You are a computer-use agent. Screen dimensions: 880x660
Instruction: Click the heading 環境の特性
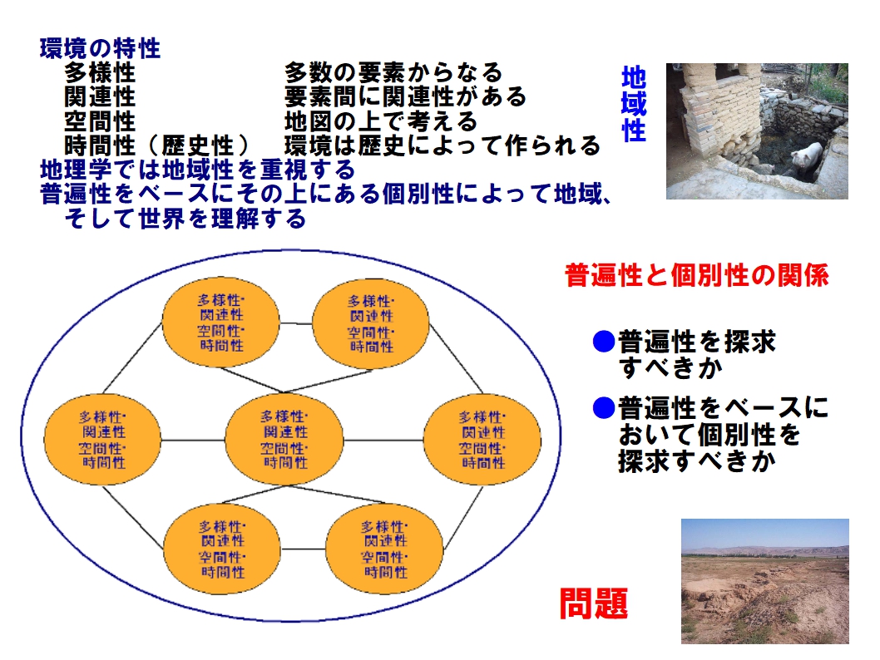pyautogui.click(x=100, y=49)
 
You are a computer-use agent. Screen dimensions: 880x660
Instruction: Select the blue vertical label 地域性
pyautogui.click(x=634, y=104)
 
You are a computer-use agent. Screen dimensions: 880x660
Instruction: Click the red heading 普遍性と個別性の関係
pyautogui.click(x=696, y=275)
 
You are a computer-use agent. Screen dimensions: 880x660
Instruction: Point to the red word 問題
pyautogui.click(x=594, y=603)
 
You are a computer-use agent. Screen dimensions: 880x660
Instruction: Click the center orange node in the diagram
pyautogui.click(x=284, y=439)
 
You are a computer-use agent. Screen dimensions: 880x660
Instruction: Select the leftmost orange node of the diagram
pyautogui.click(x=102, y=440)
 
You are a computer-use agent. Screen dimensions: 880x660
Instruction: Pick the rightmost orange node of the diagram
pyautogui.click(x=482, y=441)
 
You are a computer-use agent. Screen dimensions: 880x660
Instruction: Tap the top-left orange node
pyautogui.click(x=220, y=323)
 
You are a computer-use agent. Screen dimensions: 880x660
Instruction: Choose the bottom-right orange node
pyautogui.click(x=384, y=549)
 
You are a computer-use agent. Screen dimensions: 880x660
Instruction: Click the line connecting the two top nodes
pyautogui.click(x=296, y=323)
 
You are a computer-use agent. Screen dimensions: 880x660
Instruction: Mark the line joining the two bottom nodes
pyautogui.click(x=303, y=549)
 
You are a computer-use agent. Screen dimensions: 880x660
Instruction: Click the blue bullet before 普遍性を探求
pyautogui.click(x=604, y=341)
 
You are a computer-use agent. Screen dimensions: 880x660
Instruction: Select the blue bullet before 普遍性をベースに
pyautogui.click(x=604, y=407)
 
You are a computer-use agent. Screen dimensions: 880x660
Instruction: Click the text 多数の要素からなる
pyautogui.click(x=393, y=73)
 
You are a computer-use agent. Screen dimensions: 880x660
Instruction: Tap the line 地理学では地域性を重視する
pyautogui.click(x=198, y=170)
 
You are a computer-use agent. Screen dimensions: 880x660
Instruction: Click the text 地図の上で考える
pyautogui.click(x=380, y=121)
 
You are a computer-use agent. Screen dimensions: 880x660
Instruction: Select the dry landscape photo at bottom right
pyautogui.click(x=765, y=581)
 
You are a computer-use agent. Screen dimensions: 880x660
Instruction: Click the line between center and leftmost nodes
pyautogui.click(x=193, y=440)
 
